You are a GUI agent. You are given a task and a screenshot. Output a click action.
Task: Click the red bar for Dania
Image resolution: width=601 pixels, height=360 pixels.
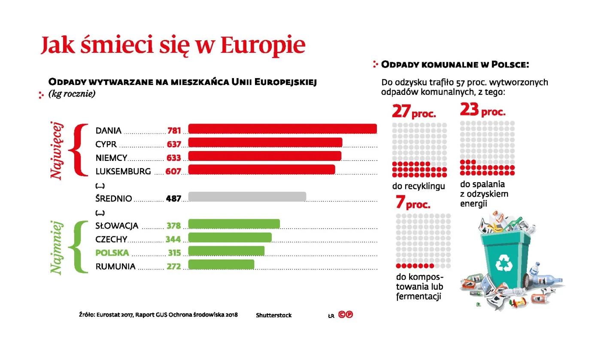(282, 129)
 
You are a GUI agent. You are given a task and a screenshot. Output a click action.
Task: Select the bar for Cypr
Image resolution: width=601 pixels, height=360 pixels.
(265, 143)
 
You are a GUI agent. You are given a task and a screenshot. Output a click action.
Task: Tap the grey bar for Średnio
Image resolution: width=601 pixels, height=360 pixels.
(247, 197)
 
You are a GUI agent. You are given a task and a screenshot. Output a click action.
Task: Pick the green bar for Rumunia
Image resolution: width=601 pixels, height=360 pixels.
(221, 265)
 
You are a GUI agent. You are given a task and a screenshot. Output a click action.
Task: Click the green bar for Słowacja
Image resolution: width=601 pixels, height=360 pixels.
(234, 224)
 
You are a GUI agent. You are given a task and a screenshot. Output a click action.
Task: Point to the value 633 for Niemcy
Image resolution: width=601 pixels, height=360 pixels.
(174, 158)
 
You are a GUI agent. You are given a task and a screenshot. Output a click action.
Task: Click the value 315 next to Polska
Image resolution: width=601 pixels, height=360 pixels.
(173, 253)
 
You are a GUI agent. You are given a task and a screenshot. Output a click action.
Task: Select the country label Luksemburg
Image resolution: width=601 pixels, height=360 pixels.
(123, 172)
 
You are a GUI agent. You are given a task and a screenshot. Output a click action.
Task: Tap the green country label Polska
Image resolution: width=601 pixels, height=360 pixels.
(112, 253)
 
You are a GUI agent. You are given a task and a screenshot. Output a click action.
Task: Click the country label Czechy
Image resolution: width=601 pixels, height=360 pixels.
(111, 239)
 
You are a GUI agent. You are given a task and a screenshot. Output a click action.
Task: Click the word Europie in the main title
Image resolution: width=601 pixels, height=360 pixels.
(263, 45)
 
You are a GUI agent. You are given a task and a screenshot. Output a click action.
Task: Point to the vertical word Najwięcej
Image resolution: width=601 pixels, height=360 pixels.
(56, 151)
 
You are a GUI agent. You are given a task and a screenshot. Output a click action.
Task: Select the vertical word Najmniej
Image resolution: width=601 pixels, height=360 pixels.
(56, 248)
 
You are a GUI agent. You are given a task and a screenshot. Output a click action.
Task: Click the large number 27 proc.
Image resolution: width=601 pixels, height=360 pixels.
(414, 112)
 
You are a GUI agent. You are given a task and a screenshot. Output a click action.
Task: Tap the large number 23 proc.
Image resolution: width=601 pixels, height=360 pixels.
(483, 111)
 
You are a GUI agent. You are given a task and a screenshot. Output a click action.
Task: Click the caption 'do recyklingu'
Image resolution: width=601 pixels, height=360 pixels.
(419, 186)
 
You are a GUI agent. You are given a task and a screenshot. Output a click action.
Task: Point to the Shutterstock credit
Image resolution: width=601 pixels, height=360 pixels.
(273, 315)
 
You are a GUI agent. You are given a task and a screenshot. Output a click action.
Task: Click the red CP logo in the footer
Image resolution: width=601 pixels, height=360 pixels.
(346, 315)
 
